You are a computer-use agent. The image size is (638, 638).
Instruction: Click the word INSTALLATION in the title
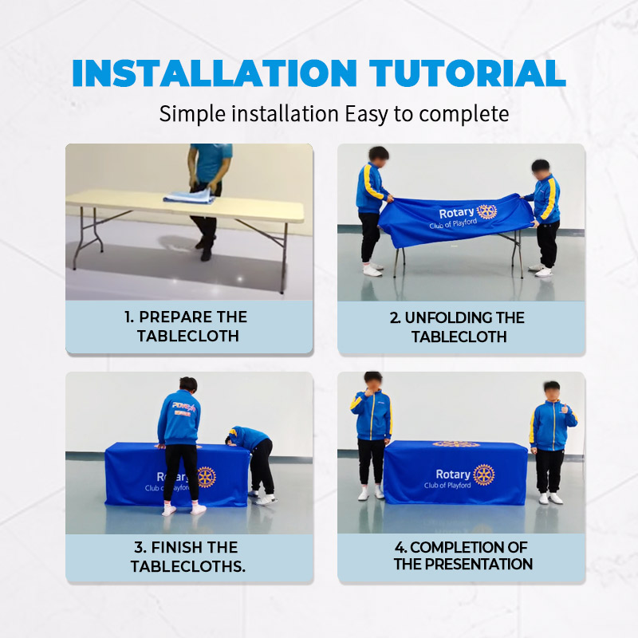tap(215, 73)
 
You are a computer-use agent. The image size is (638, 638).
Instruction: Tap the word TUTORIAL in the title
tap(467, 73)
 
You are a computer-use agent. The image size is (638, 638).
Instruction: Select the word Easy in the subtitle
tap(366, 114)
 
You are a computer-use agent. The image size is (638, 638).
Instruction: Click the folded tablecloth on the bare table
tap(189, 196)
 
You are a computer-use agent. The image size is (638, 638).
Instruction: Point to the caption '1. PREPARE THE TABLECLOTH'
tap(187, 326)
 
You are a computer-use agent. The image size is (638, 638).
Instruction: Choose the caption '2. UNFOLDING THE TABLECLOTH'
tap(458, 327)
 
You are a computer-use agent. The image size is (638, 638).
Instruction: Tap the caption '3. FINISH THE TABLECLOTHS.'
tap(187, 557)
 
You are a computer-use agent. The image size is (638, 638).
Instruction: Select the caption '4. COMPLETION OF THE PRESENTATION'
tap(463, 556)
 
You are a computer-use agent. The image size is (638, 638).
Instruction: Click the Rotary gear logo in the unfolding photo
tap(486, 211)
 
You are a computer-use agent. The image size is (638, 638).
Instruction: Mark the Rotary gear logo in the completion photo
tap(484, 475)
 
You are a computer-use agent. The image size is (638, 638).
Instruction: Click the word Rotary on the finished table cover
tap(453, 475)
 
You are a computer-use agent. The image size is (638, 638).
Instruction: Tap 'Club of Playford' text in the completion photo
tap(447, 486)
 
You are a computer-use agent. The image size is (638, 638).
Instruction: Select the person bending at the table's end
tap(252, 463)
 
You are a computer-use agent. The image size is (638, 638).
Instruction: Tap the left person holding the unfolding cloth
tap(372, 211)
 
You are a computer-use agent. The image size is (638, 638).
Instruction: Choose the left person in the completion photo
tap(372, 435)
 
